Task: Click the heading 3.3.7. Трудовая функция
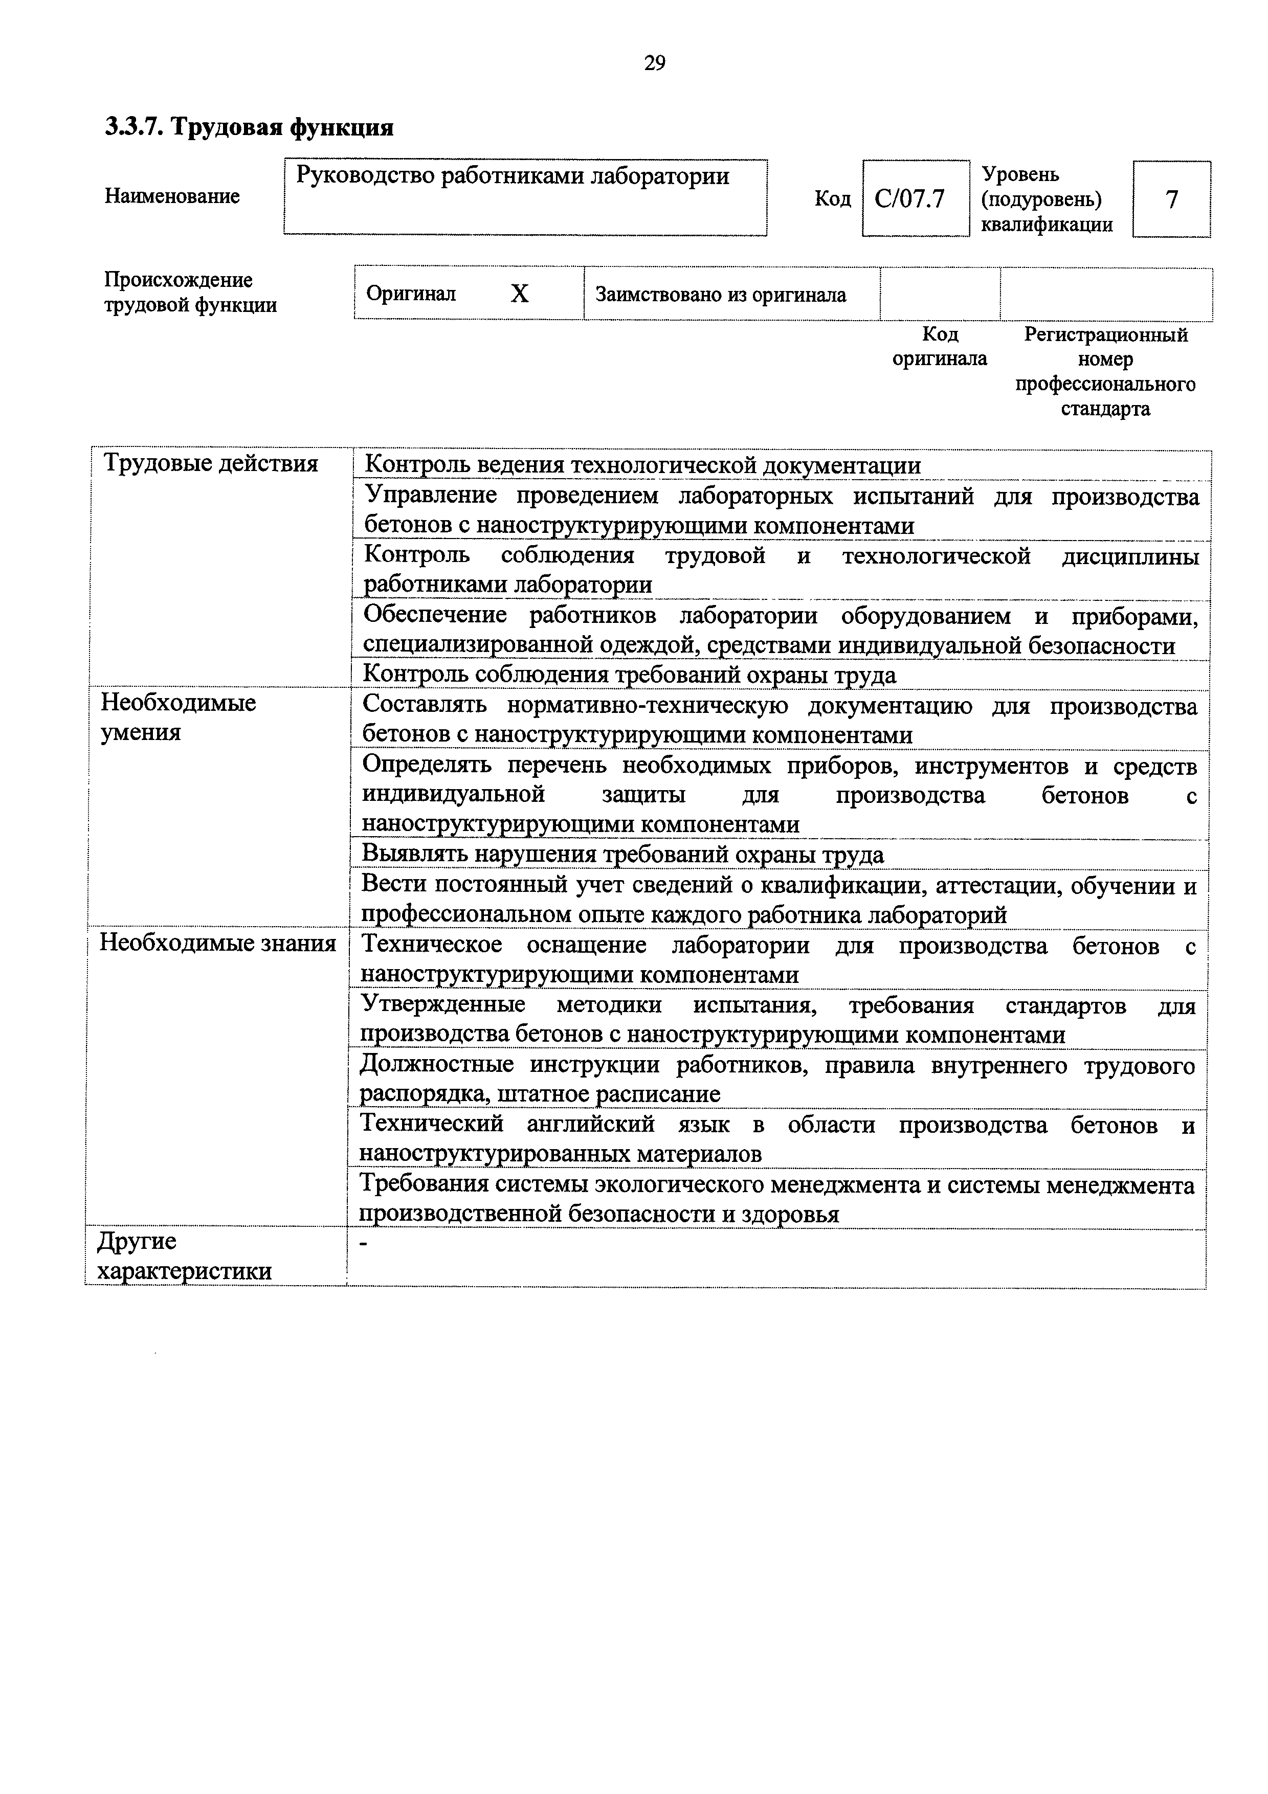tap(249, 127)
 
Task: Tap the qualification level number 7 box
tap(1171, 199)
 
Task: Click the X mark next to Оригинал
tap(520, 294)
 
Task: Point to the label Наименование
tap(172, 196)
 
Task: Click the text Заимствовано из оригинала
tap(720, 295)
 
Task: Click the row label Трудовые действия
tap(211, 464)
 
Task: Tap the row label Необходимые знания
tap(217, 944)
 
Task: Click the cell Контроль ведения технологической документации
tap(642, 466)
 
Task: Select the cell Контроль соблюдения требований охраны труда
tap(630, 675)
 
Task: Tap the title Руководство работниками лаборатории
tap(513, 176)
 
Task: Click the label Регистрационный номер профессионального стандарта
tap(1105, 371)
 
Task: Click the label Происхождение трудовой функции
tap(191, 292)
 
